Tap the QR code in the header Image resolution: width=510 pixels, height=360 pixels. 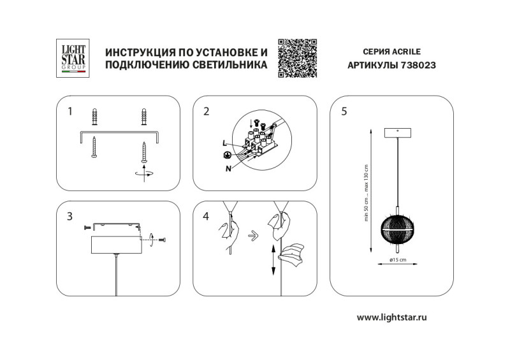tap(298, 58)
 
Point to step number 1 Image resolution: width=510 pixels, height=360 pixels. tap(69, 112)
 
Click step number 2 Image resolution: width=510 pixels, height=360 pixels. tap(206, 112)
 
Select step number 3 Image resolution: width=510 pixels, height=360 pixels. tap(69, 217)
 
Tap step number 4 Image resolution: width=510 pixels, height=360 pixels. tap(206, 217)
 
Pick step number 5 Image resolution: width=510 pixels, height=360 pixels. tap(344, 112)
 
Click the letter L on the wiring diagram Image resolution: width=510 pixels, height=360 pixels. tap(224, 143)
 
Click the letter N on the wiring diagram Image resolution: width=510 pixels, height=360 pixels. tap(228, 168)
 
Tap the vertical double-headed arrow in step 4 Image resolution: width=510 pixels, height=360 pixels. tap(273, 259)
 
